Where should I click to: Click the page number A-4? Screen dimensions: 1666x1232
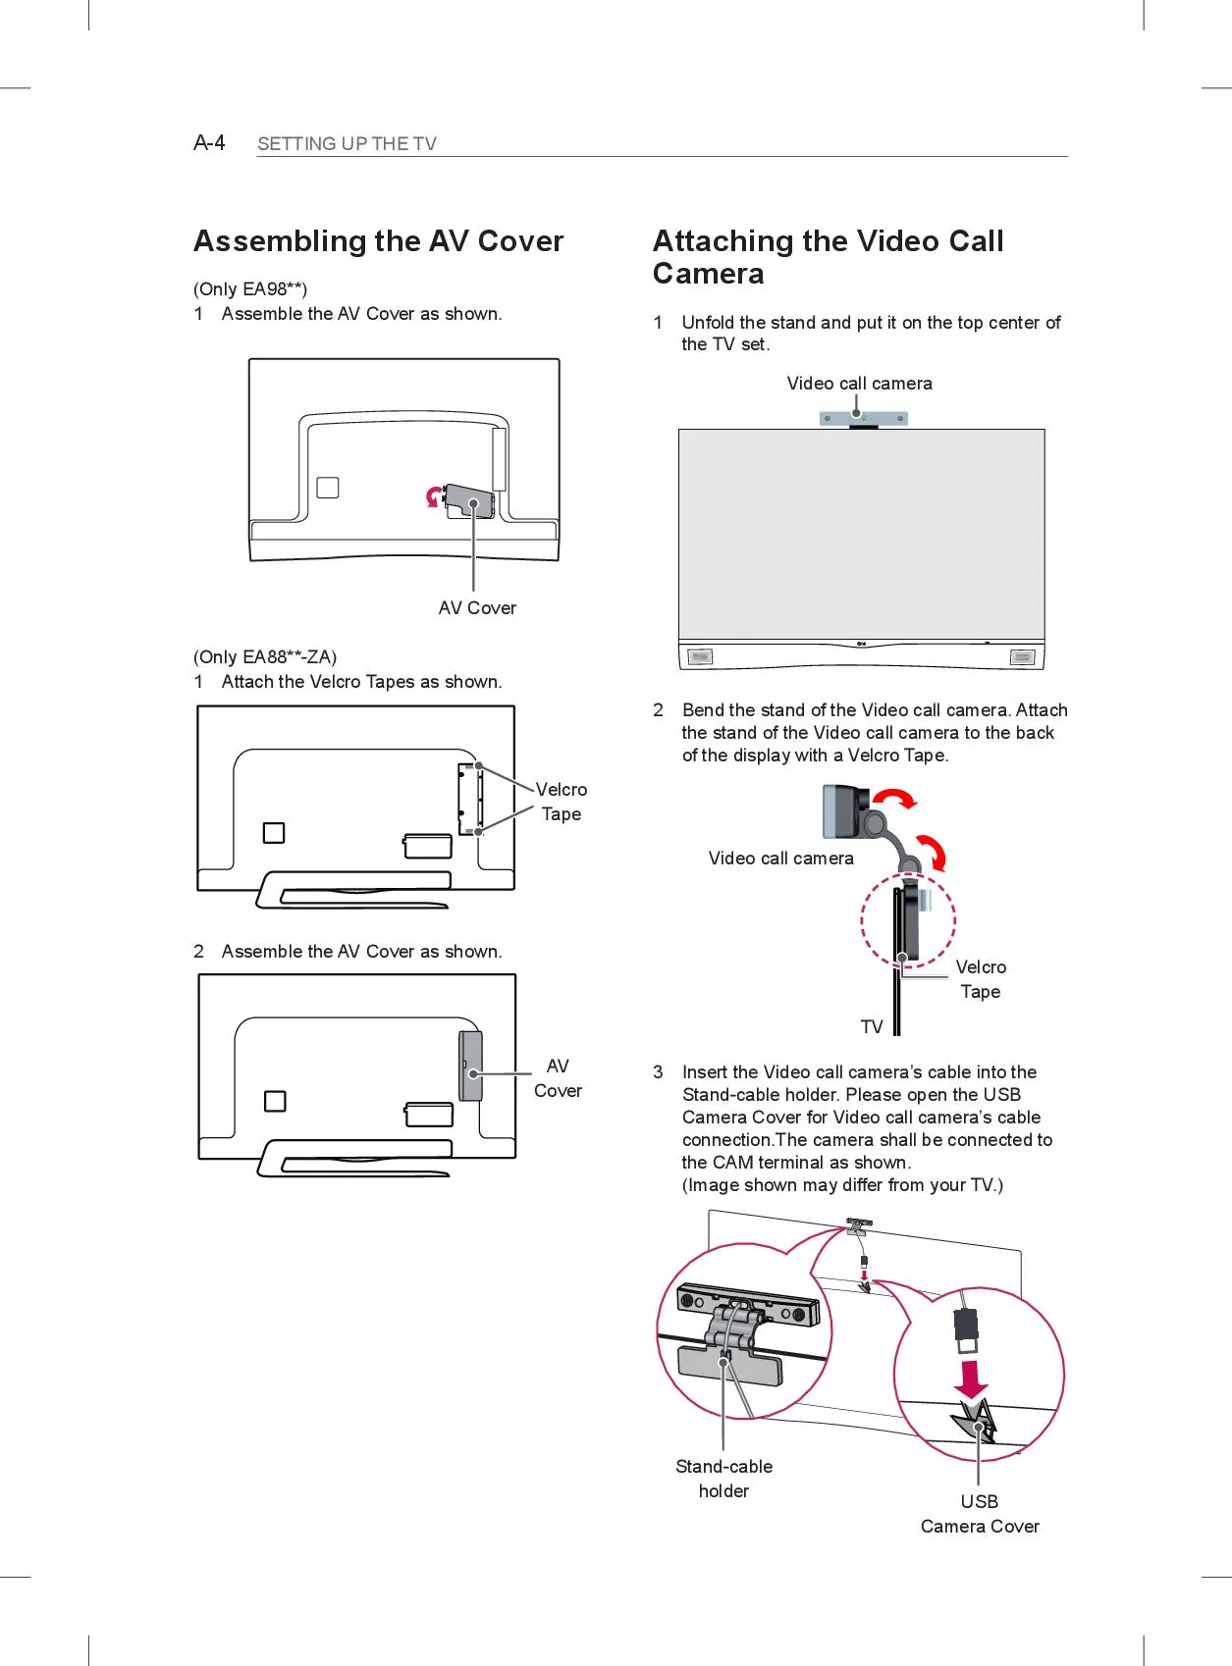[x=209, y=143]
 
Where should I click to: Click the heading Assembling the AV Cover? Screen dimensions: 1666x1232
[x=378, y=241]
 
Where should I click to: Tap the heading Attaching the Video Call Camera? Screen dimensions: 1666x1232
[x=828, y=257]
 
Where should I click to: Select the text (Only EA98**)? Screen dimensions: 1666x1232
[x=250, y=288]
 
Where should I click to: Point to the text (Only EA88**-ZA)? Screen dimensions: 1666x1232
[x=265, y=656]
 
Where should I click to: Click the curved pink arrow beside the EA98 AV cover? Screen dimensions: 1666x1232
[x=433, y=497]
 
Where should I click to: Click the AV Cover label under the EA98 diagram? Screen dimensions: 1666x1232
[x=477, y=608]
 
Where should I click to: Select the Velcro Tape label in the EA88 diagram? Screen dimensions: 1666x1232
[x=561, y=802]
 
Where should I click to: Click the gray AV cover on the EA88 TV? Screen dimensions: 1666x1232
[x=471, y=1066]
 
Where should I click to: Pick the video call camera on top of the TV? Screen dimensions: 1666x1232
[x=863, y=419]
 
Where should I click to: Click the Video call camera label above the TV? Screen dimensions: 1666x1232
[x=859, y=384]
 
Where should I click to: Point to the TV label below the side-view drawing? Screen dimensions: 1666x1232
[x=872, y=1027]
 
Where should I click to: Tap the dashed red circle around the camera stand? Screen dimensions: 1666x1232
[x=908, y=921]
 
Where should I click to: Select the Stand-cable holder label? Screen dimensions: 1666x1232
[x=723, y=1479]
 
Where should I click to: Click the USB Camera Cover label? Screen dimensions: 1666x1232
[x=980, y=1514]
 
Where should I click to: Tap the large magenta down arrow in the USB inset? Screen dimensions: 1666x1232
[x=972, y=1378]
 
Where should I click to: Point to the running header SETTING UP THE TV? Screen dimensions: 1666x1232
[x=347, y=144]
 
